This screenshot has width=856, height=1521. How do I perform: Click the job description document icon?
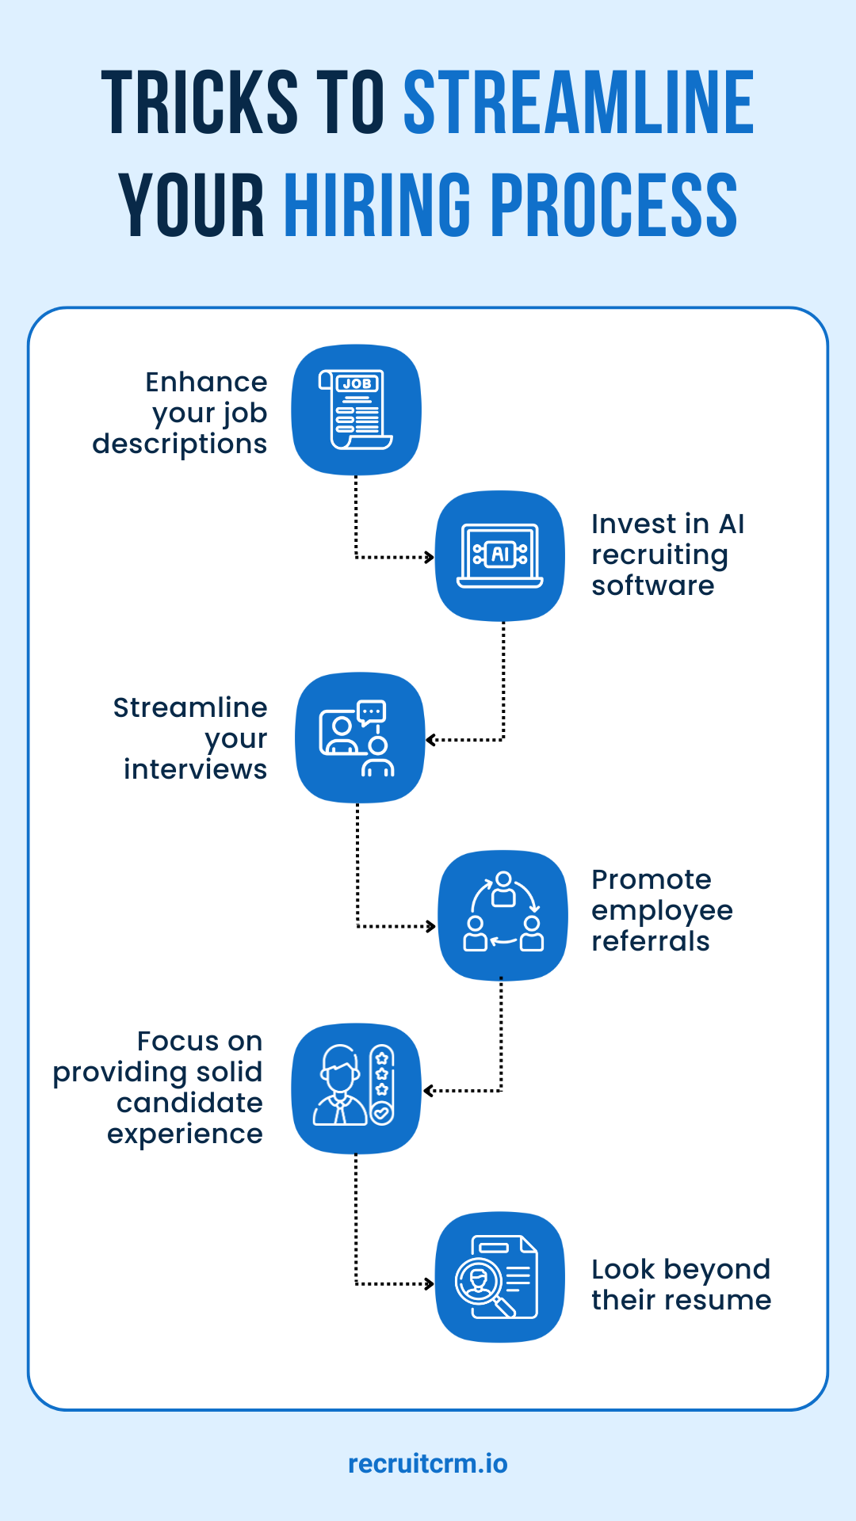357,410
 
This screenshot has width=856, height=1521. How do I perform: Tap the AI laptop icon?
500,555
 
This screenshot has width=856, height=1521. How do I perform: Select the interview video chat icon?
360,738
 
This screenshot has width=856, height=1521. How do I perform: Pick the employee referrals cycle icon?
503,915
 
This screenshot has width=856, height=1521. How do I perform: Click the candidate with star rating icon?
356,1088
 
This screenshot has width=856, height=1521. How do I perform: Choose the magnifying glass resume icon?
499,1276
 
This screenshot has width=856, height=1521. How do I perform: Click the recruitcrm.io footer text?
428,1463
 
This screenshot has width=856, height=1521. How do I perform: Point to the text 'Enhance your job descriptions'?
190,413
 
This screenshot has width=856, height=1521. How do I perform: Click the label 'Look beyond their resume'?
680,1284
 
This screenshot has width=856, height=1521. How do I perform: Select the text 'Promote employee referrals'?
661,910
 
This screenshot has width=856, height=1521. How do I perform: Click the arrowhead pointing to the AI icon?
430,558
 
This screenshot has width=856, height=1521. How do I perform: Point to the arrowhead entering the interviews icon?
430,740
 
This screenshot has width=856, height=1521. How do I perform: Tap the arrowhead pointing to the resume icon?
430,1283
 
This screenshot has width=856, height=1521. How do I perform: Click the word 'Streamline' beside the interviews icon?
190,707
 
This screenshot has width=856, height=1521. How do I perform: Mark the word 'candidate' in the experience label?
189,1103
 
